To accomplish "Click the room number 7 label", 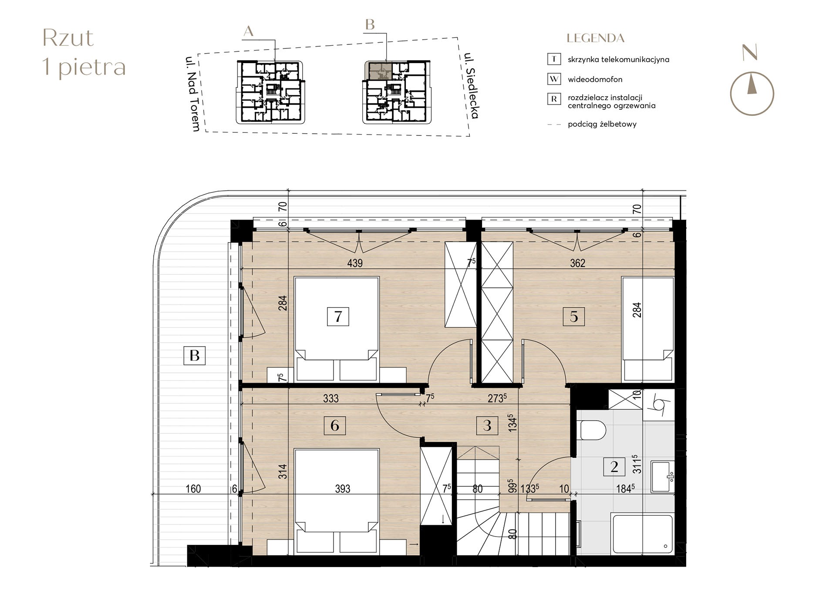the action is click(x=338, y=316).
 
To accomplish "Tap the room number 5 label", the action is click(x=573, y=316).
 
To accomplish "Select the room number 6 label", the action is click(x=334, y=425).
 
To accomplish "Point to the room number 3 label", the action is click(x=487, y=425).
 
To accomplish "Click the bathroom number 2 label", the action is click(x=614, y=466).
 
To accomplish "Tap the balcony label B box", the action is click(x=194, y=355).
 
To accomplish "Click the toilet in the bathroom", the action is click(x=593, y=430).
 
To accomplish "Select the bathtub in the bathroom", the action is click(x=642, y=534).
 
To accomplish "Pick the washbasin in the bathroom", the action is click(x=662, y=476).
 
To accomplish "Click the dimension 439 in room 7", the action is click(x=355, y=263).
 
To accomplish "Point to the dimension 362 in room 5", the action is click(x=577, y=263).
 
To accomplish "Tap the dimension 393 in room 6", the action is click(x=342, y=489).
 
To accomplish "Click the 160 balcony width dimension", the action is click(x=193, y=489).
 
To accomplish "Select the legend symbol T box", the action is click(x=553, y=59).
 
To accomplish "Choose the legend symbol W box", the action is click(x=553, y=79).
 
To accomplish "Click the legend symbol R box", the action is click(x=553, y=99).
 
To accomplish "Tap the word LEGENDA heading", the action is click(x=595, y=38).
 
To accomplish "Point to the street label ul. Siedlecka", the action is click(x=471, y=86).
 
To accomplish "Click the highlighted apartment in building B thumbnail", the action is click(x=378, y=70).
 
